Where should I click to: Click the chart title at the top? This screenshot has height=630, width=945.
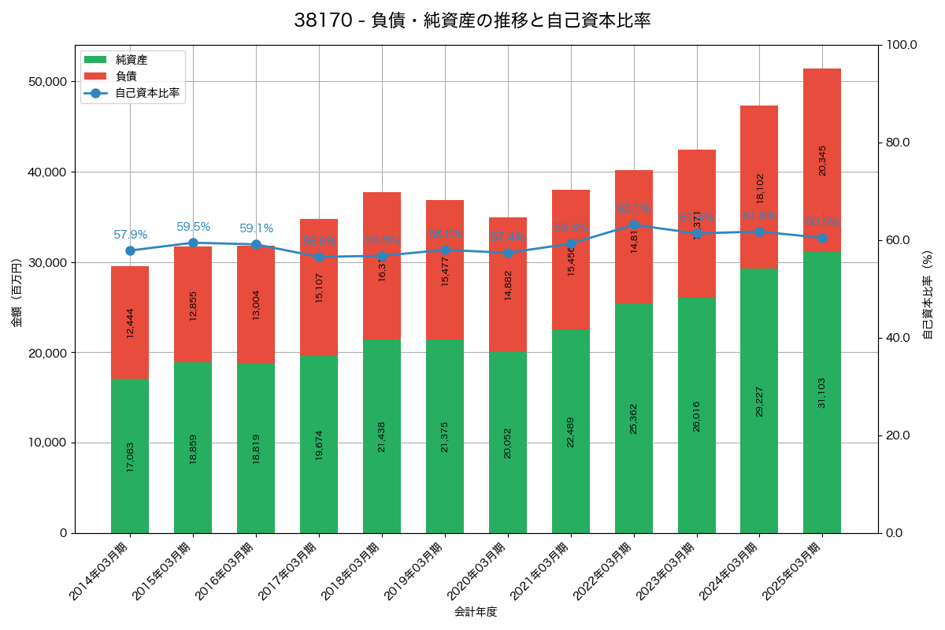point(472,20)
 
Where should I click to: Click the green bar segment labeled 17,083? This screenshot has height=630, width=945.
point(130,456)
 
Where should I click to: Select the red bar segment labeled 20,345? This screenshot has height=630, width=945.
point(822,160)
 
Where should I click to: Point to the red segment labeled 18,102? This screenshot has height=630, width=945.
point(759,187)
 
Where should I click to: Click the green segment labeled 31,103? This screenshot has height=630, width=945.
point(822,392)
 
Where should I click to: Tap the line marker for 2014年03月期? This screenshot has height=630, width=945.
point(130,250)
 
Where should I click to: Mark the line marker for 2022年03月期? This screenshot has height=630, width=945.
point(634,225)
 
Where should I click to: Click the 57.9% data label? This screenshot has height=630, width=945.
point(130,235)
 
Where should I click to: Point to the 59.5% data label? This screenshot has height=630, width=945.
point(193,227)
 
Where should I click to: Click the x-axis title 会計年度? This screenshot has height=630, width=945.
point(476,612)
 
